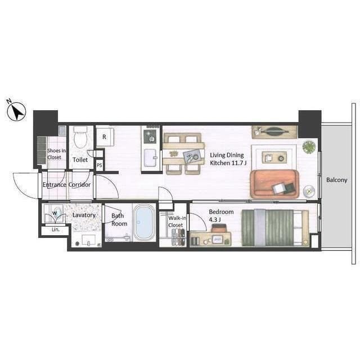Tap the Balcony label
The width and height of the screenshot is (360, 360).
pos(336,180)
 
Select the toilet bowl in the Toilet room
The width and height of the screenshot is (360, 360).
pos(80,137)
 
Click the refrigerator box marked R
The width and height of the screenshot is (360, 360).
pos(105,137)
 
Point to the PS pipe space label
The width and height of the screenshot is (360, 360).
pos(99,165)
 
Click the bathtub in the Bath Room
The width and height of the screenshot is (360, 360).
pos(144,222)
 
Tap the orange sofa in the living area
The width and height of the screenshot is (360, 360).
pos(274,183)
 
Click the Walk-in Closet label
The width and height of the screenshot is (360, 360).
pos(175,222)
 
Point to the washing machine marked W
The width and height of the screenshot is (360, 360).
pos(55,214)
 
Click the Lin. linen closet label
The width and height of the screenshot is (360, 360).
pos(55,230)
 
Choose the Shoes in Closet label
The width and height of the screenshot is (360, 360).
pos(57,154)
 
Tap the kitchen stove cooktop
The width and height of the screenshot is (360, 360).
pos(151,136)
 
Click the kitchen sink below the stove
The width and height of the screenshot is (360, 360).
pos(150,157)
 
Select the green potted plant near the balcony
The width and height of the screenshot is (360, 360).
pos(309,147)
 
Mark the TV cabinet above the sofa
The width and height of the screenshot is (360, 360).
pos(274,132)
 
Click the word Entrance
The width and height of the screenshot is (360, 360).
pos(55,184)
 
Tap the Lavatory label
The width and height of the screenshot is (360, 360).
pos(84,215)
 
